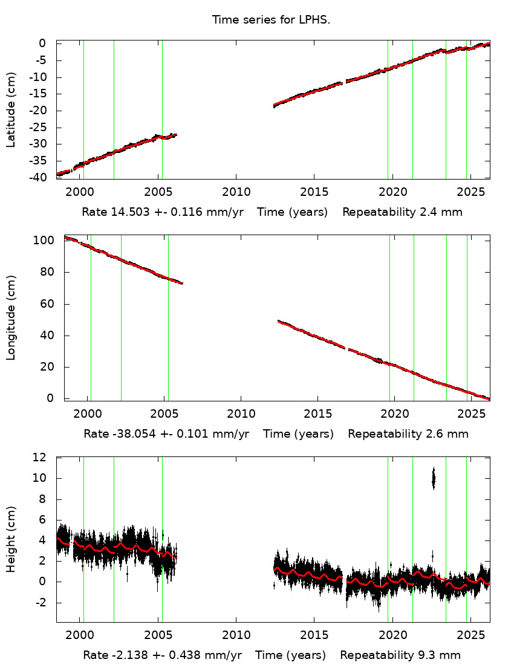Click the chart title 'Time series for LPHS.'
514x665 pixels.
271,20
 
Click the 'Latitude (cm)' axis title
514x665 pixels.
11,110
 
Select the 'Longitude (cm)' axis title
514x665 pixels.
11,318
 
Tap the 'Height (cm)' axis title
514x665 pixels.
11,539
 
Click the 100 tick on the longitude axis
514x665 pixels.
47,241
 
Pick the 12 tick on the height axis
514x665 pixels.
41,458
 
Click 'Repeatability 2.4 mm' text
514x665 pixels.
402,213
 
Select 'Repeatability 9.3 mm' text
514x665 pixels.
400,655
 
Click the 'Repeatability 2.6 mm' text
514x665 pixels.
408,434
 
